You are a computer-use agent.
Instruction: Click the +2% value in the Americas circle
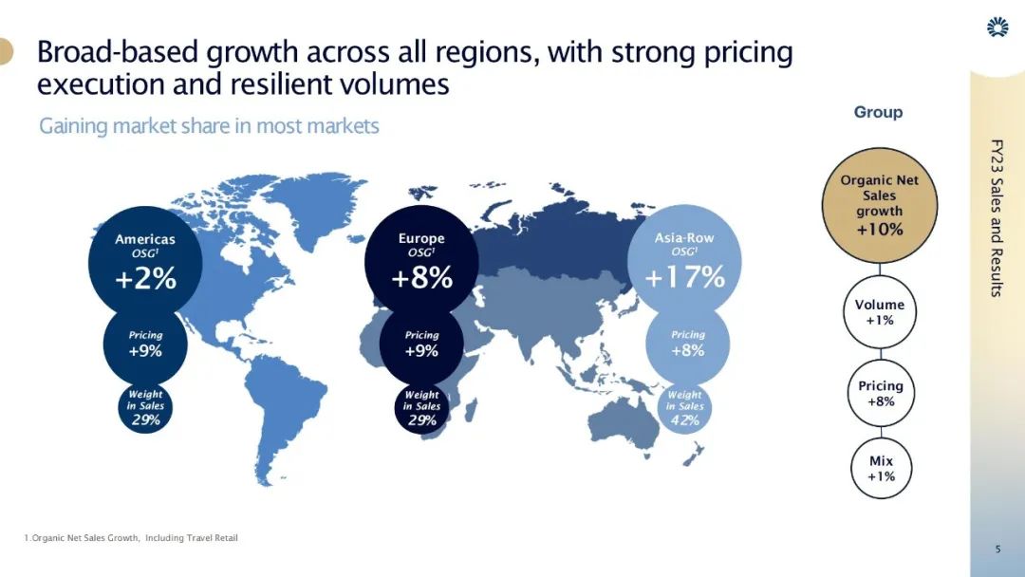(x=145, y=280)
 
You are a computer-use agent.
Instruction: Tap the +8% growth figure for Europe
(x=421, y=280)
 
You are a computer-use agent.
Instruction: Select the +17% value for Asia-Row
(x=684, y=278)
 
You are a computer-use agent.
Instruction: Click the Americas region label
(x=145, y=239)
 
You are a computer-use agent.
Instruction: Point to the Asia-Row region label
(x=684, y=237)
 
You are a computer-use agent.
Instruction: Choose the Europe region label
(x=421, y=239)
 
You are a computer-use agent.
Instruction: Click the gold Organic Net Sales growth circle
(x=879, y=204)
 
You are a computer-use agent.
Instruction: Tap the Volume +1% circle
(x=879, y=312)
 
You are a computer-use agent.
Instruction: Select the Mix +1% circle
(x=881, y=469)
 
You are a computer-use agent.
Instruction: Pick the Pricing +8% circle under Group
(x=880, y=393)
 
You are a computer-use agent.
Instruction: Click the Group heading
(x=878, y=112)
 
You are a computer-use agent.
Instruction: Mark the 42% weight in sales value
(x=684, y=420)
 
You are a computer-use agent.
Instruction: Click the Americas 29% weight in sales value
(x=145, y=420)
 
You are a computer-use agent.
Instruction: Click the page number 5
(x=997, y=549)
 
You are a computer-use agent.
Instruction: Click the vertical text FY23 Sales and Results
(x=996, y=217)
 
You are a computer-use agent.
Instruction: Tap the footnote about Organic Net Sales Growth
(x=131, y=538)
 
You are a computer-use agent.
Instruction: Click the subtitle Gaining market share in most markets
(x=209, y=126)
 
